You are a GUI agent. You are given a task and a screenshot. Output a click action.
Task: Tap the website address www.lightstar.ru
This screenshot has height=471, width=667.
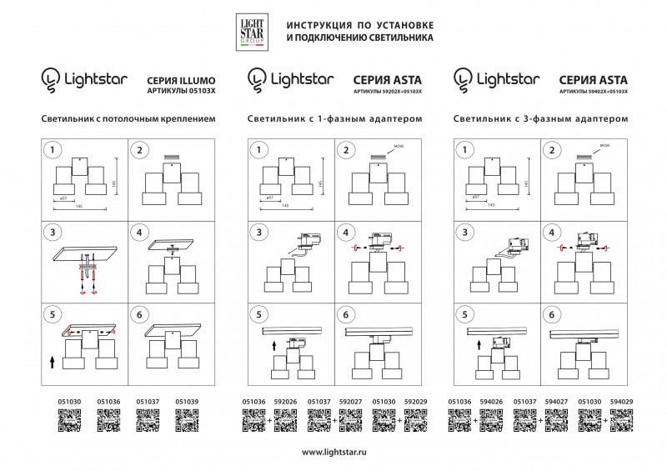(x=333, y=452)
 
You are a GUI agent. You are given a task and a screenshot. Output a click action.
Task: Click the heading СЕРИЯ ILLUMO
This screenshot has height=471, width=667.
(x=181, y=75)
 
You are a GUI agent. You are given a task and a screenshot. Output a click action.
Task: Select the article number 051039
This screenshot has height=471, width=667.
(x=187, y=402)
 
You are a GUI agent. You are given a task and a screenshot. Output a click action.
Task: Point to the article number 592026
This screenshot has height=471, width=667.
(x=285, y=402)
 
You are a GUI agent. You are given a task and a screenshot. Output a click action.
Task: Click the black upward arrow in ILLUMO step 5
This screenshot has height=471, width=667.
(x=52, y=361)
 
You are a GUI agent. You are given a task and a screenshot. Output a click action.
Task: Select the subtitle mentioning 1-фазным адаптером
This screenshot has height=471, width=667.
(x=334, y=120)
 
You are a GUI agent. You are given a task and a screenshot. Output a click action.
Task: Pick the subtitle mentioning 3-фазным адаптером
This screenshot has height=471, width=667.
(x=540, y=120)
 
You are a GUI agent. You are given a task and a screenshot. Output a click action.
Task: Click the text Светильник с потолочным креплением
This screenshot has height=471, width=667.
(x=128, y=120)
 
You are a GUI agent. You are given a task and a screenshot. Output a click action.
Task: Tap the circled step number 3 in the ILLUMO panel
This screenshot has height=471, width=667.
(x=53, y=233)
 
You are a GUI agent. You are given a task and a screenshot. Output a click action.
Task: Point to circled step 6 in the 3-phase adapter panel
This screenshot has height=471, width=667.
(x=550, y=315)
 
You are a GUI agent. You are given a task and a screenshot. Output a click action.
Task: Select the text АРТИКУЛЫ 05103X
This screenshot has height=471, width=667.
(x=179, y=88)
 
